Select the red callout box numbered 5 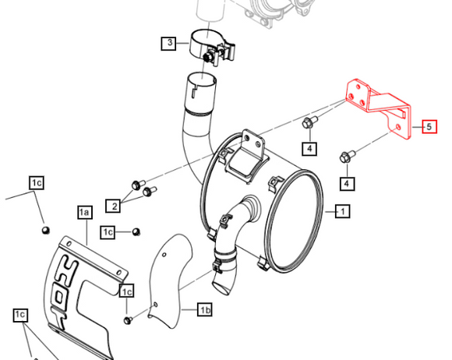click(x=429, y=126)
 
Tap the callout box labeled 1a click(x=85, y=213)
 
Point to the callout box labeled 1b click(x=205, y=310)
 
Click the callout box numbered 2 click(x=113, y=206)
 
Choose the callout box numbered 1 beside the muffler click(x=342, y=212)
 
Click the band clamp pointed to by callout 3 click(x=212, y=46)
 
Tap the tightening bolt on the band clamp click(x=208, y=57)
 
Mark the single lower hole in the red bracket click(x=398, y=126)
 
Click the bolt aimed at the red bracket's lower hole click(x=348, y=156)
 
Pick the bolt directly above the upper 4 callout click(x=309, y=122)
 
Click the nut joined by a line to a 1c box click(x=136, y=231)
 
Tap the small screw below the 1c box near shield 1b click(x=128, y=320)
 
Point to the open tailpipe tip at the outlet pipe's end click(x=222, y=288)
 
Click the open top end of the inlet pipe click(x=202, y=79)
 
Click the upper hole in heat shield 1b click(x=164, y=255)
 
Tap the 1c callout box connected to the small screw click(x=126, y=291)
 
